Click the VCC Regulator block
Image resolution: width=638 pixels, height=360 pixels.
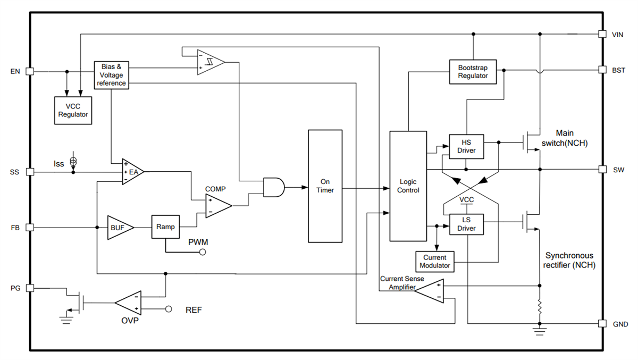coord(73,111)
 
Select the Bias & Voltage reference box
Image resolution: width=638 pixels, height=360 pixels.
coord(112,75)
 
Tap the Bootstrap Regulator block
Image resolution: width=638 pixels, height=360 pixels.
coord(473,72)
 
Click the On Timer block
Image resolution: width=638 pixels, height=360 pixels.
coord(325,186)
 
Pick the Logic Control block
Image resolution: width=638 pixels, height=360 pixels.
coord(408,186)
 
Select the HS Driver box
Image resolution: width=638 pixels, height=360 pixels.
coord(466,146)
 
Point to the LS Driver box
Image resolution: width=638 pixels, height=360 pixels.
coord(466,224)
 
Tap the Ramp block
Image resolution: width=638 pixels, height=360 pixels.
coord(166,227)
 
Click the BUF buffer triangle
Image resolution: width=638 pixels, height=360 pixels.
coord(118,227)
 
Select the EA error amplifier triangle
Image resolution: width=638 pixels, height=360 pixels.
coord(131,172)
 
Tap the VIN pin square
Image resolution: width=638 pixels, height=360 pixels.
coord(602,34)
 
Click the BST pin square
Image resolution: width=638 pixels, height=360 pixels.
coord(602,70)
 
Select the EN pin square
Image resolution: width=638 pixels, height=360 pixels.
coord(30,71)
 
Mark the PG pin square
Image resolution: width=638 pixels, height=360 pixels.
coord(30,288)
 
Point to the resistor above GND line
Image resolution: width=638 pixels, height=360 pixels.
coord(540,307)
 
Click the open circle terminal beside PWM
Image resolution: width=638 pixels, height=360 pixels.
coord(202,252)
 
